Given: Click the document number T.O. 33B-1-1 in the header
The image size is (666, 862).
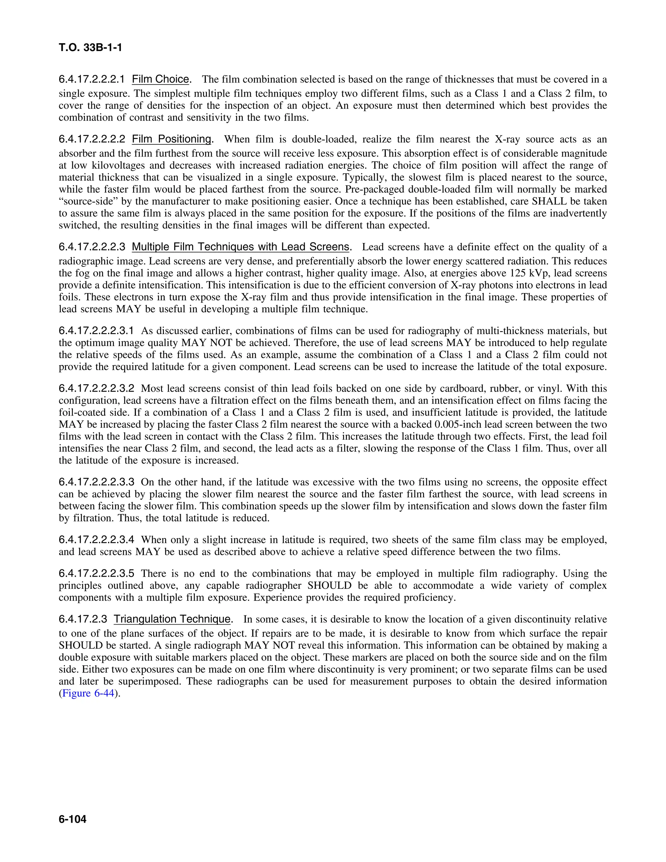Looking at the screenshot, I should click(90, 48).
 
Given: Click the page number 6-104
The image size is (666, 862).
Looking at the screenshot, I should click(73, 819).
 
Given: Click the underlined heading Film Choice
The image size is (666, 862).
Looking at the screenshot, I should click(161, 79).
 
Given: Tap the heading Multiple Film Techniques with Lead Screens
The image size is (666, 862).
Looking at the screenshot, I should click(241, 247).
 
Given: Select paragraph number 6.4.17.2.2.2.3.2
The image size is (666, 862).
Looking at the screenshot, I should click(97, 388).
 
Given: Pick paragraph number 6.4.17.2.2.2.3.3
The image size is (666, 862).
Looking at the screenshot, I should click(97, 482).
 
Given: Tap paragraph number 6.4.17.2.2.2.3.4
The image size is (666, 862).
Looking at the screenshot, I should click(97, 540).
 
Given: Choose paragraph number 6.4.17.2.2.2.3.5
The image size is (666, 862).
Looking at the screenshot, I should click(97, 573).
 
